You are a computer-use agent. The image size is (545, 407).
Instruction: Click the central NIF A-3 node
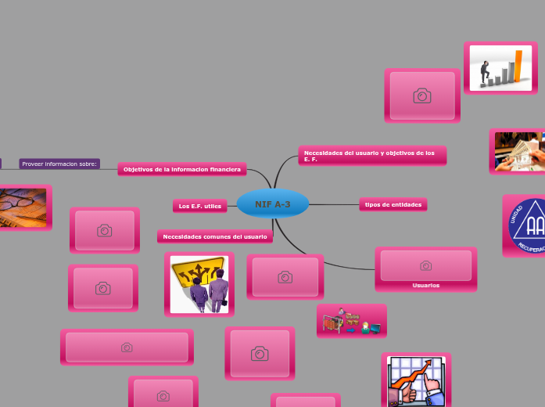tap(272, 204)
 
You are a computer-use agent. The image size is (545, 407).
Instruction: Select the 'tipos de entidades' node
tap(393, 204)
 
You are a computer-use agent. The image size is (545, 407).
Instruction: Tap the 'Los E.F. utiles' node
tap(199, 206)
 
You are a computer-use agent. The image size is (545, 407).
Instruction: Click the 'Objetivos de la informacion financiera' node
tap(181, 169)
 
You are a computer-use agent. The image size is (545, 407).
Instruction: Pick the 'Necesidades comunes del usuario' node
tap(214, 236)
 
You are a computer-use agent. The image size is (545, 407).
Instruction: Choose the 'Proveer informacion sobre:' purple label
tap(59, 164)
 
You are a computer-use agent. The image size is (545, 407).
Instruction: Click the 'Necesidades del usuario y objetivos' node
tap(371, 156)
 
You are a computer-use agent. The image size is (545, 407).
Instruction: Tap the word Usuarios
tap(425, 285)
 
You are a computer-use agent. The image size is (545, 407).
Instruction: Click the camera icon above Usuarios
tap(425, 266)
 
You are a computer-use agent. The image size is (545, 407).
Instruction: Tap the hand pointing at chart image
tap(415, 381)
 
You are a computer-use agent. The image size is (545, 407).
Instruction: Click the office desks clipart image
tap(351, 321)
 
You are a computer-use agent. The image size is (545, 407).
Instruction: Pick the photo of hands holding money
tap(518, 151)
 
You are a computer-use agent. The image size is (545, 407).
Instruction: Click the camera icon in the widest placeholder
tap(127, 347)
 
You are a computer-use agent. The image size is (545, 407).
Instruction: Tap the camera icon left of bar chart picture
tap(422, 95)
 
